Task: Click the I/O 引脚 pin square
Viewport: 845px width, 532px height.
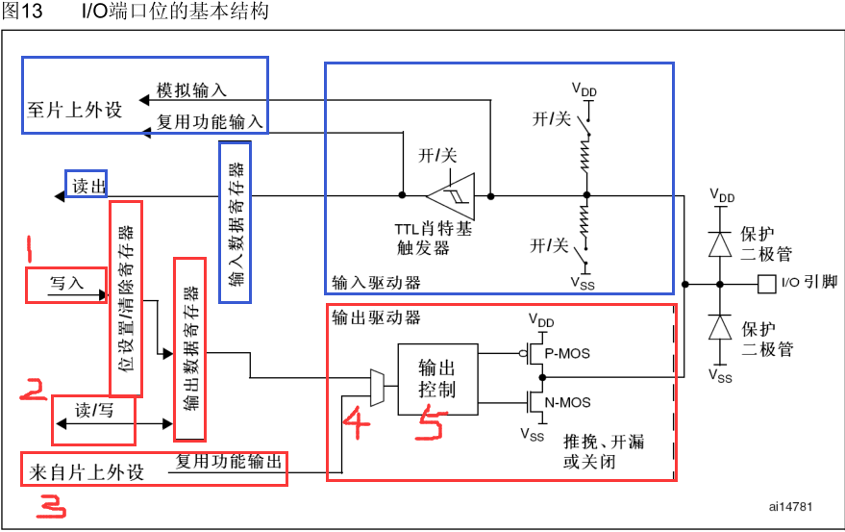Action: coord(767,284)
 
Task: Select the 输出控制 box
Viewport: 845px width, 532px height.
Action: coord(436,379)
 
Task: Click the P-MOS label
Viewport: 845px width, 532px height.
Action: coord(567,354)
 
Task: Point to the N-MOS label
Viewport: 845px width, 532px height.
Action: coord(567,402)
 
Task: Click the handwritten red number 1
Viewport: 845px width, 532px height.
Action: coord(31,252)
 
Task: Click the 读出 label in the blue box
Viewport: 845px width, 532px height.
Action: coord(87,185)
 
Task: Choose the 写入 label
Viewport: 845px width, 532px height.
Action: coord(66,284)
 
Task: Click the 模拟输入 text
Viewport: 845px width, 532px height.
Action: coord(191,89)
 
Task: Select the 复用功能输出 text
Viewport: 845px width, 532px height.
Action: coord(229,462)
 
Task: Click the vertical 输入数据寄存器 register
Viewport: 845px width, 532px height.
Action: coord(236,221)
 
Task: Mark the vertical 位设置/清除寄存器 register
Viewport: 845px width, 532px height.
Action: coord(126,298)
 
